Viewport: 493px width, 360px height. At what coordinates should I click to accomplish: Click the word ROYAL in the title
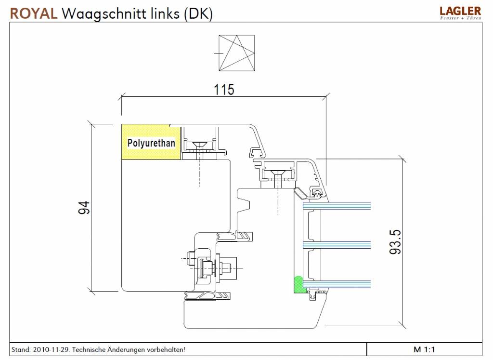click(x=33, y=13)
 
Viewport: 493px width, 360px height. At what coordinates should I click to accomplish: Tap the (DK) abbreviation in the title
click(x=197, y=13)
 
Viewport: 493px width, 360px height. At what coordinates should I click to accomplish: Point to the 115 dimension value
click(x=224, y=89)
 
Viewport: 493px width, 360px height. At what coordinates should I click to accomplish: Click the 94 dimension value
click(x=84, y=208)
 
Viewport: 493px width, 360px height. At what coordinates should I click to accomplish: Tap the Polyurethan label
click(x=151, y=143)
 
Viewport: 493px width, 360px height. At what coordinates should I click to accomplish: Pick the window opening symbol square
click(x=236, y=53)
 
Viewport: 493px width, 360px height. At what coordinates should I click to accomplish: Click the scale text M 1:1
click(x=424, y=349)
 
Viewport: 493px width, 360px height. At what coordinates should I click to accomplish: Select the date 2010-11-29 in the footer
click(x=51, y=349)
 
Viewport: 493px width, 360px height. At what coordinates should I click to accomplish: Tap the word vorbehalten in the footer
click(x=166, y=349)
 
